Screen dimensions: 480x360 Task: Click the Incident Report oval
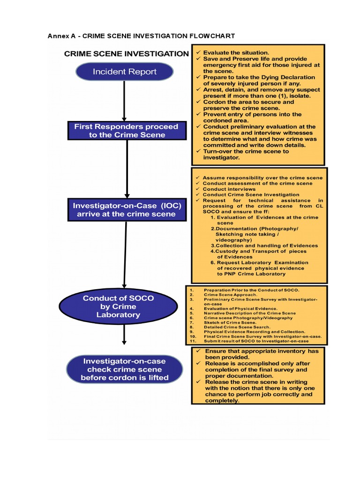124,72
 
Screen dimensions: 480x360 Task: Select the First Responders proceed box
126,130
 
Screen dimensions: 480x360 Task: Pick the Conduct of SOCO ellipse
124,306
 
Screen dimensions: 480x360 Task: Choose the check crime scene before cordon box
124,369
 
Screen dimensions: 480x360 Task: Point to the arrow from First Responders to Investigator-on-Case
127,169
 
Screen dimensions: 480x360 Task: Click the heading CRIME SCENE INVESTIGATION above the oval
126,54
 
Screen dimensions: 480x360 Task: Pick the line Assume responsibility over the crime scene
262,178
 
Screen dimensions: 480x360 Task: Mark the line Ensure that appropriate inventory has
262,351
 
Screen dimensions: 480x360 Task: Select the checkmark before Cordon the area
199,102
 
